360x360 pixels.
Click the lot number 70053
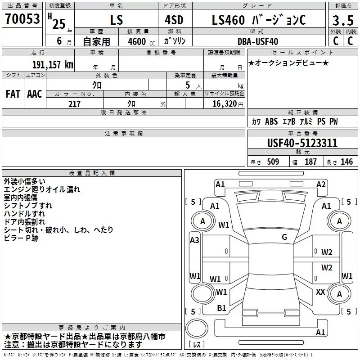pos(22,19)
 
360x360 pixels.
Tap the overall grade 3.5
pos(343,21)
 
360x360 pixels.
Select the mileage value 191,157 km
pos(53,64)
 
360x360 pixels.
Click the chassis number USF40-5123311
pos(302,143)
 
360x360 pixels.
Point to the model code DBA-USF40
pos(257,41)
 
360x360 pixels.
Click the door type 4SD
pos(174,20)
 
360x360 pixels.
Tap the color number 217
pos(74,104)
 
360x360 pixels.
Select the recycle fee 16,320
pos(224,104)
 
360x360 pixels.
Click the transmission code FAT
pos(13,94)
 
